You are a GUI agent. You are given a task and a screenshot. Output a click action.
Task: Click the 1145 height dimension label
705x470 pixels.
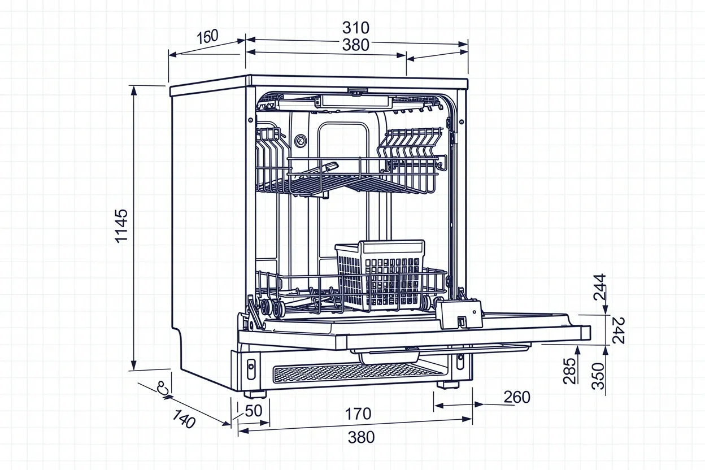[x=121, y=225]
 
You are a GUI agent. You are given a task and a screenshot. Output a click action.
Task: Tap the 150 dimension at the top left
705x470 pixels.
[x=207, y=37]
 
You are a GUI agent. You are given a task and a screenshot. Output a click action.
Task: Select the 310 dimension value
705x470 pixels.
[x=355, y=27]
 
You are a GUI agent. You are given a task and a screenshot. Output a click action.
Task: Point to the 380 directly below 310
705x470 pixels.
[x=355, y=45]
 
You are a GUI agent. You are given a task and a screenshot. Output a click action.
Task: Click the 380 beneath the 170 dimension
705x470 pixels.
[x=361, y=437]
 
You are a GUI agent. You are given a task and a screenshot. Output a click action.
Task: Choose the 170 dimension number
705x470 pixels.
[x=358, y=414]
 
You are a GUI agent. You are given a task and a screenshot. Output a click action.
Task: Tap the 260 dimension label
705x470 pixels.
[x=516, y=398]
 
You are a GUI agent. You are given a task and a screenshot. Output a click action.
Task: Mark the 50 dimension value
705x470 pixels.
[x=254, y=411]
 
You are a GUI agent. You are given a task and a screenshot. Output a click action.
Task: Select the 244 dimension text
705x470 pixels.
[x=599, y=286]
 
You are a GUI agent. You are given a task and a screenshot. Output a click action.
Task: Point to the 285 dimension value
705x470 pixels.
[x=570, y=371]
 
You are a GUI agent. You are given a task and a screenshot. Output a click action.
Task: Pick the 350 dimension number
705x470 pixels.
[x=598, y=376]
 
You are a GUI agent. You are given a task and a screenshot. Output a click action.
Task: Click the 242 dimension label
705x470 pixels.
[x=618, y=330]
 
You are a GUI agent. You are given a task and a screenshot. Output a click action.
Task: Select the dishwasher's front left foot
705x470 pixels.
[x=255, y=393]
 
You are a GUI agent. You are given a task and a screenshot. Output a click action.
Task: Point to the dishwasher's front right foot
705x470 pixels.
[x=448, y=385]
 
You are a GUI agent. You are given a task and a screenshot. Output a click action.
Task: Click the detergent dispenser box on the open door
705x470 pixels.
[x=459, y=314]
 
